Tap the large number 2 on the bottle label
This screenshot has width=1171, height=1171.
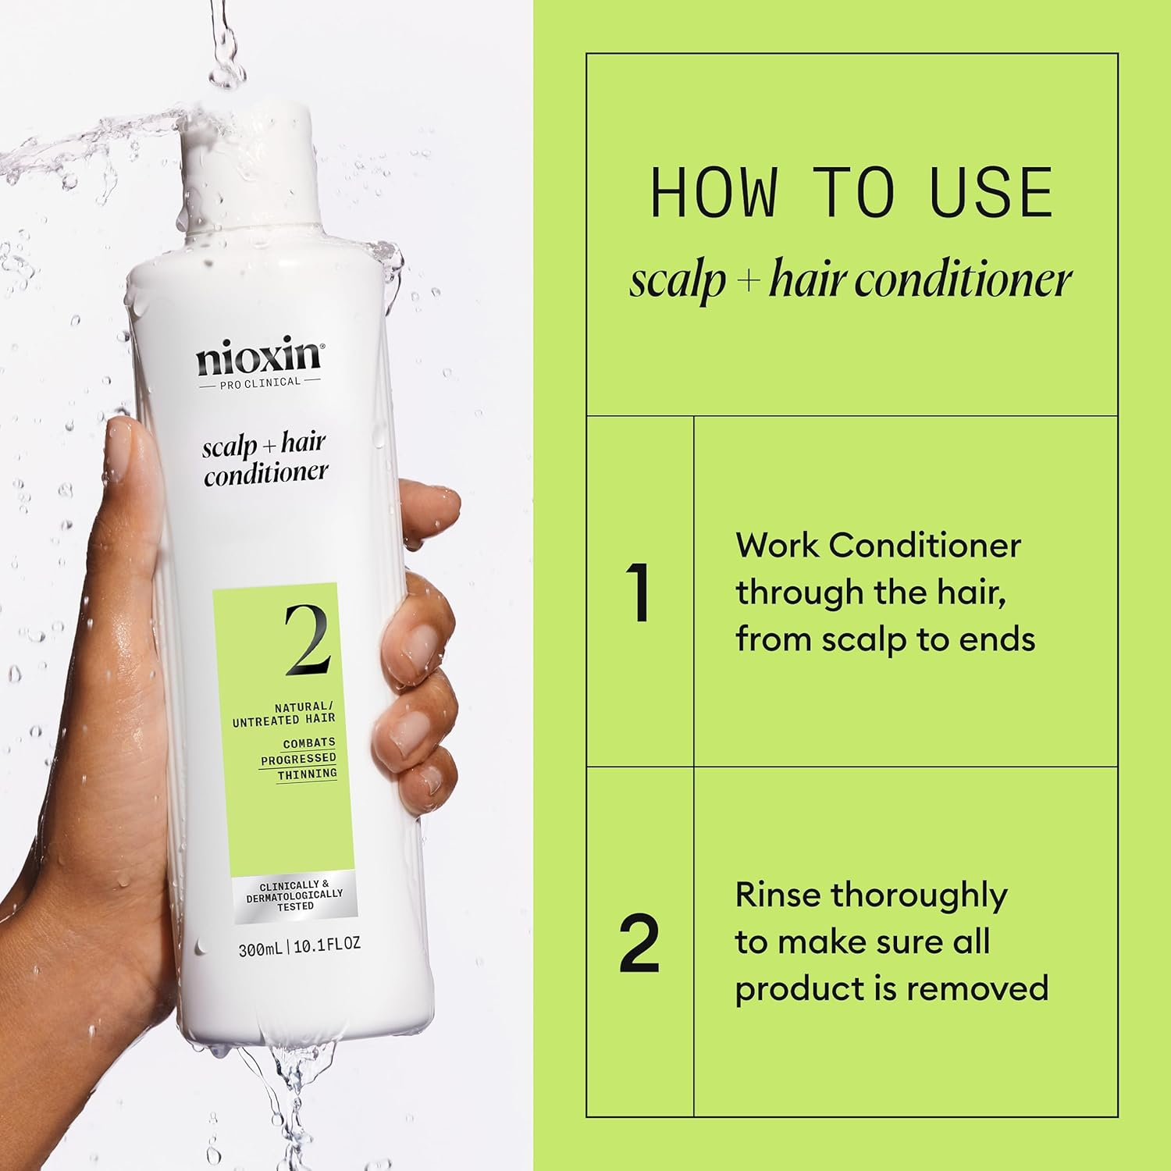[x=307, y=641]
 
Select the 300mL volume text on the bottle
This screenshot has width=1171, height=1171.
[x=262, y=950]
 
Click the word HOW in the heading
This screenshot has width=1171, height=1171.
[x=714, y=193]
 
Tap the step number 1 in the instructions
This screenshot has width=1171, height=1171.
[x=639, y=593]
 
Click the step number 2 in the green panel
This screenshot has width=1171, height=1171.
[x=639, y=944]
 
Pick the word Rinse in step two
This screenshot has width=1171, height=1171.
[x=778, y=895]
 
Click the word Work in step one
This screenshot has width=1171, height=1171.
[x=778, y=545]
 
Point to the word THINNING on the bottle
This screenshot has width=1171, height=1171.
[x=308, y=774]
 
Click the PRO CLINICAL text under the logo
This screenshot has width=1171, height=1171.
[x=259, y=382]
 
